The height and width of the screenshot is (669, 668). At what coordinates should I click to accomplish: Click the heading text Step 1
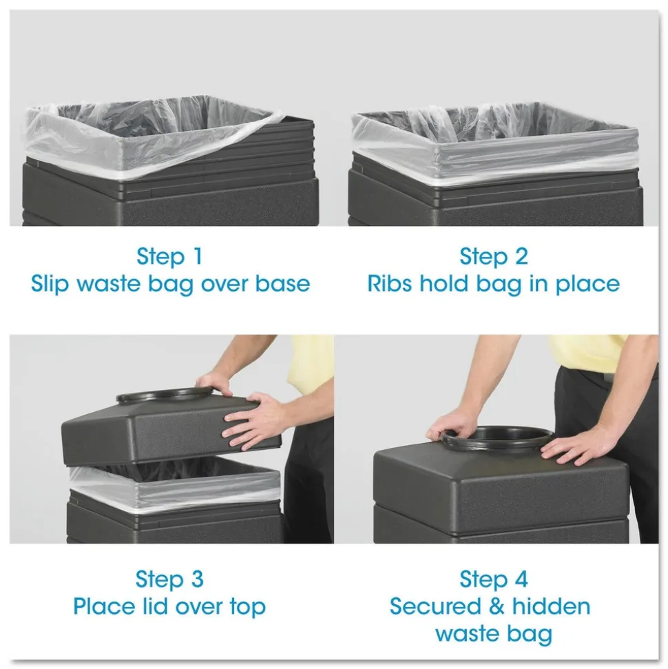point(169,256)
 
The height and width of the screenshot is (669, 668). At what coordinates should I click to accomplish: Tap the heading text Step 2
point(493,256)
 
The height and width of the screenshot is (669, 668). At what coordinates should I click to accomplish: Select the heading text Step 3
point(169,579)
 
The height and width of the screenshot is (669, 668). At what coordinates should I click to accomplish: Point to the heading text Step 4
point(493,579)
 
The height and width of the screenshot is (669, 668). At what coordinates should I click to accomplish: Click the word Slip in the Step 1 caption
point(52,283)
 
